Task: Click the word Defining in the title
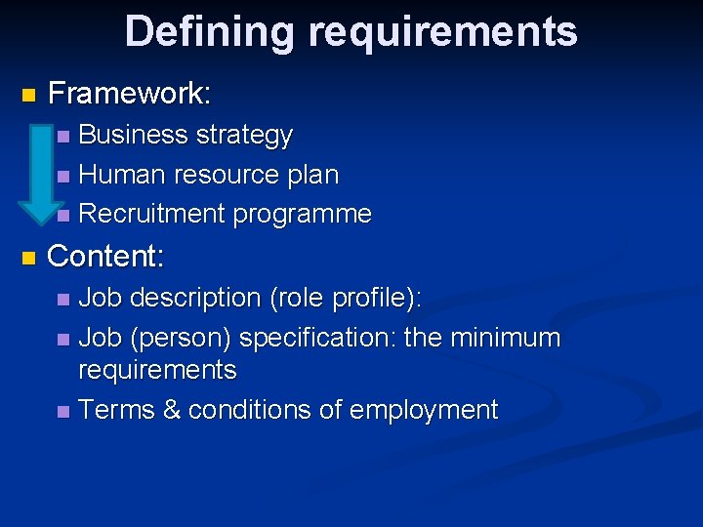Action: pos(207,31)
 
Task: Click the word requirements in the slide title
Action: pos(443,33)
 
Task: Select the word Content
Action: pos(105,257)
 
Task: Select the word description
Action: pos(196,297)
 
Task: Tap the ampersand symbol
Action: pos(172,410)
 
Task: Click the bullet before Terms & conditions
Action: pos(63,412)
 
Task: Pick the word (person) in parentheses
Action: pos(180,339)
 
